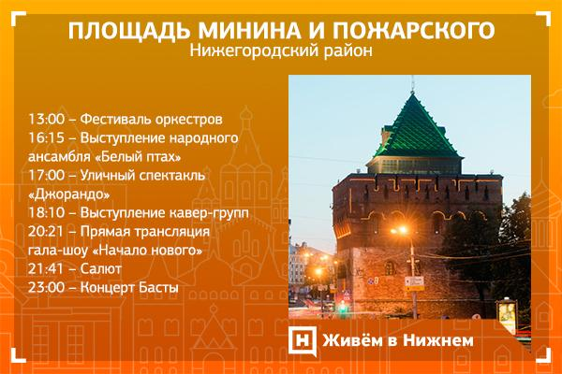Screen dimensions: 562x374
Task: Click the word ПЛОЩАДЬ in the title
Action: coord(130,31)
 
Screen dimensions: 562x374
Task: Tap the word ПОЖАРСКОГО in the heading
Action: coord(414,30)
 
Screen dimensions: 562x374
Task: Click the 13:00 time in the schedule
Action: coord(46,119)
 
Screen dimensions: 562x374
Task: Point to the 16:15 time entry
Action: coord(46,137)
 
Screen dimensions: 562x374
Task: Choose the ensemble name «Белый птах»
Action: coord(139,157)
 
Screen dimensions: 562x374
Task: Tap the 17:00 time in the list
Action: coord(46,176)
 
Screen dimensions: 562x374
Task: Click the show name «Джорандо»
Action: coord(68,194)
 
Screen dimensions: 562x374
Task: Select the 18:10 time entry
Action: coord(46,213)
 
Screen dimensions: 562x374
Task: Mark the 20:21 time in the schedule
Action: coord(46,232)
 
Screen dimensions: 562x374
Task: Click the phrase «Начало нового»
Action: coord(147,250)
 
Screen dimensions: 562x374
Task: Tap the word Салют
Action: coord(101,268)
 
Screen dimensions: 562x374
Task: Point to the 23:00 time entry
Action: coord(46,287)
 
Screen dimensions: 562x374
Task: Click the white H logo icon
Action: coord(303,341)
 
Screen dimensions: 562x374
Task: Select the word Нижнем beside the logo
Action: coord(438,340)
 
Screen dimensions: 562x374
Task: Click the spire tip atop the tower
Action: coord(413,78)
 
